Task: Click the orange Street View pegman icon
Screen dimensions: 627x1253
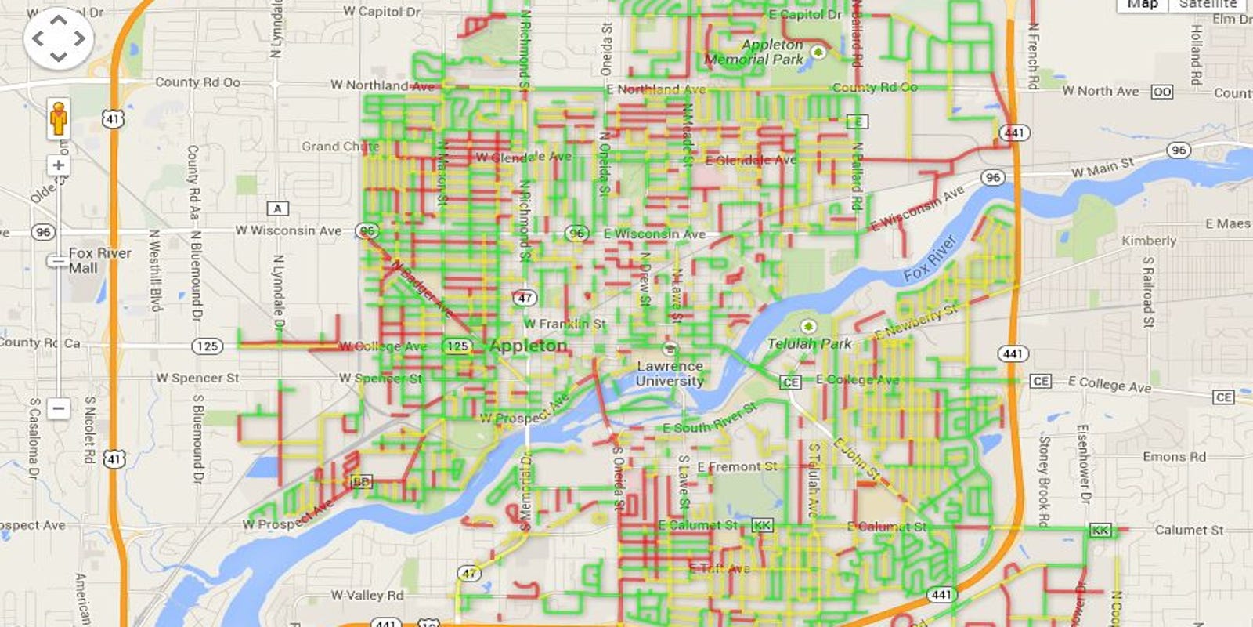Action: coord(59,118)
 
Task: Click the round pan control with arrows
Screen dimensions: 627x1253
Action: coord(59,38)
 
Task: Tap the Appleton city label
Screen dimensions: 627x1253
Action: coord(529,346)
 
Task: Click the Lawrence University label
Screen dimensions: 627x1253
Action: coord(670,373)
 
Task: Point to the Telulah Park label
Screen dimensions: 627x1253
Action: coord(809,343)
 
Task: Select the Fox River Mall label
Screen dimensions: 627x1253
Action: coord(99,260)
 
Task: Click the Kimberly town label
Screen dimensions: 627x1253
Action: coord(1149,241)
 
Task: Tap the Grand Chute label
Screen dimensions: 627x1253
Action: coord(340,147)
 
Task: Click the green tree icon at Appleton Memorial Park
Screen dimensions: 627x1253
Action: coord(818,52)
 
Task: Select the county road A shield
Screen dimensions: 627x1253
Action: coord(278,208)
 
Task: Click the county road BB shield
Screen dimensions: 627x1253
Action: coord(362,481)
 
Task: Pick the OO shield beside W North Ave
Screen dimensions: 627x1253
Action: coord(1162,92)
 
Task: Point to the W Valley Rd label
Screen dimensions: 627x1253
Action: coord(367,596)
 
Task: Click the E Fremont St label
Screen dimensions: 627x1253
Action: coord(737,467)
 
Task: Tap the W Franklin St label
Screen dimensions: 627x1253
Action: coord(565,324)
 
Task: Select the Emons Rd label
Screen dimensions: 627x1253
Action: coord(1174,457)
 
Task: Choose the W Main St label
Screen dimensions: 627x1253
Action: coord(1103,168)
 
